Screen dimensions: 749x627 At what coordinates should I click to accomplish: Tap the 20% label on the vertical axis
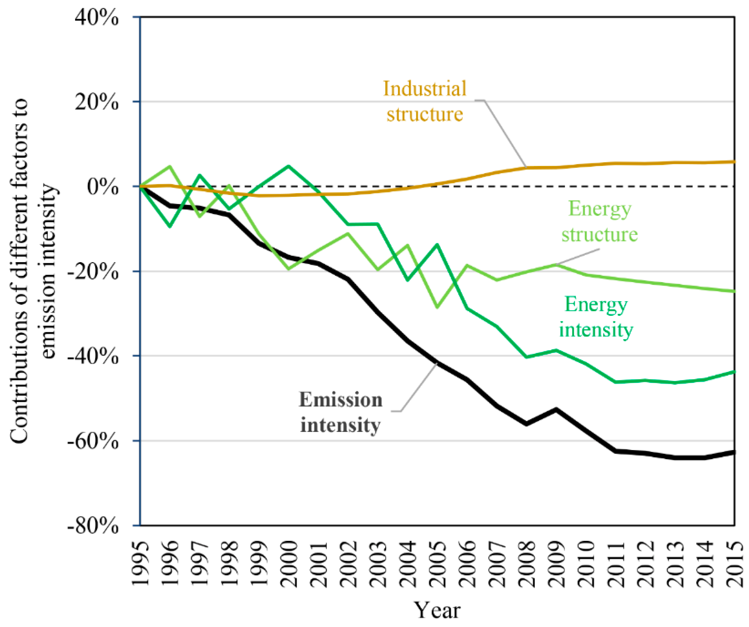pos(96,102)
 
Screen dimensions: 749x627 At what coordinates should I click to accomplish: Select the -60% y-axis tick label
pos(93,442)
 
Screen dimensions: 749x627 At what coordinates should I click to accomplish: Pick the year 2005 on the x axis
pos(438,565)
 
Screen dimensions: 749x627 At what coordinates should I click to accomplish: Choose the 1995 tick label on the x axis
pos(140,565)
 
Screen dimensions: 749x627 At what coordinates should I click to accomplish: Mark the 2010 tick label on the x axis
pos(586,565)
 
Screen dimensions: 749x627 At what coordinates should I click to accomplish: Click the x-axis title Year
pos(437,610)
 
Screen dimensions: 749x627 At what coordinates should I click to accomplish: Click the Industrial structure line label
pos(425,101)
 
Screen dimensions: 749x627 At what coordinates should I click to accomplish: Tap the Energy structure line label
pos(600,222)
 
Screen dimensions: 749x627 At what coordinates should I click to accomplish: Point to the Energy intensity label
pos(596,317)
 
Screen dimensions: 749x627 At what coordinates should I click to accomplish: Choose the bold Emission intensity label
pos(340,412)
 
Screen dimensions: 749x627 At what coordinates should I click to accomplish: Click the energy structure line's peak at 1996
pos(170,166)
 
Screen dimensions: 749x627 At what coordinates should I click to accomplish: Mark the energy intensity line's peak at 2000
pos(288,166)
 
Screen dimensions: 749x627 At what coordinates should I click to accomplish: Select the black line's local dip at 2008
pos(527,424)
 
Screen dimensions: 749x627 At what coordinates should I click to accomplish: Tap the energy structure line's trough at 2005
pos(438,307)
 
